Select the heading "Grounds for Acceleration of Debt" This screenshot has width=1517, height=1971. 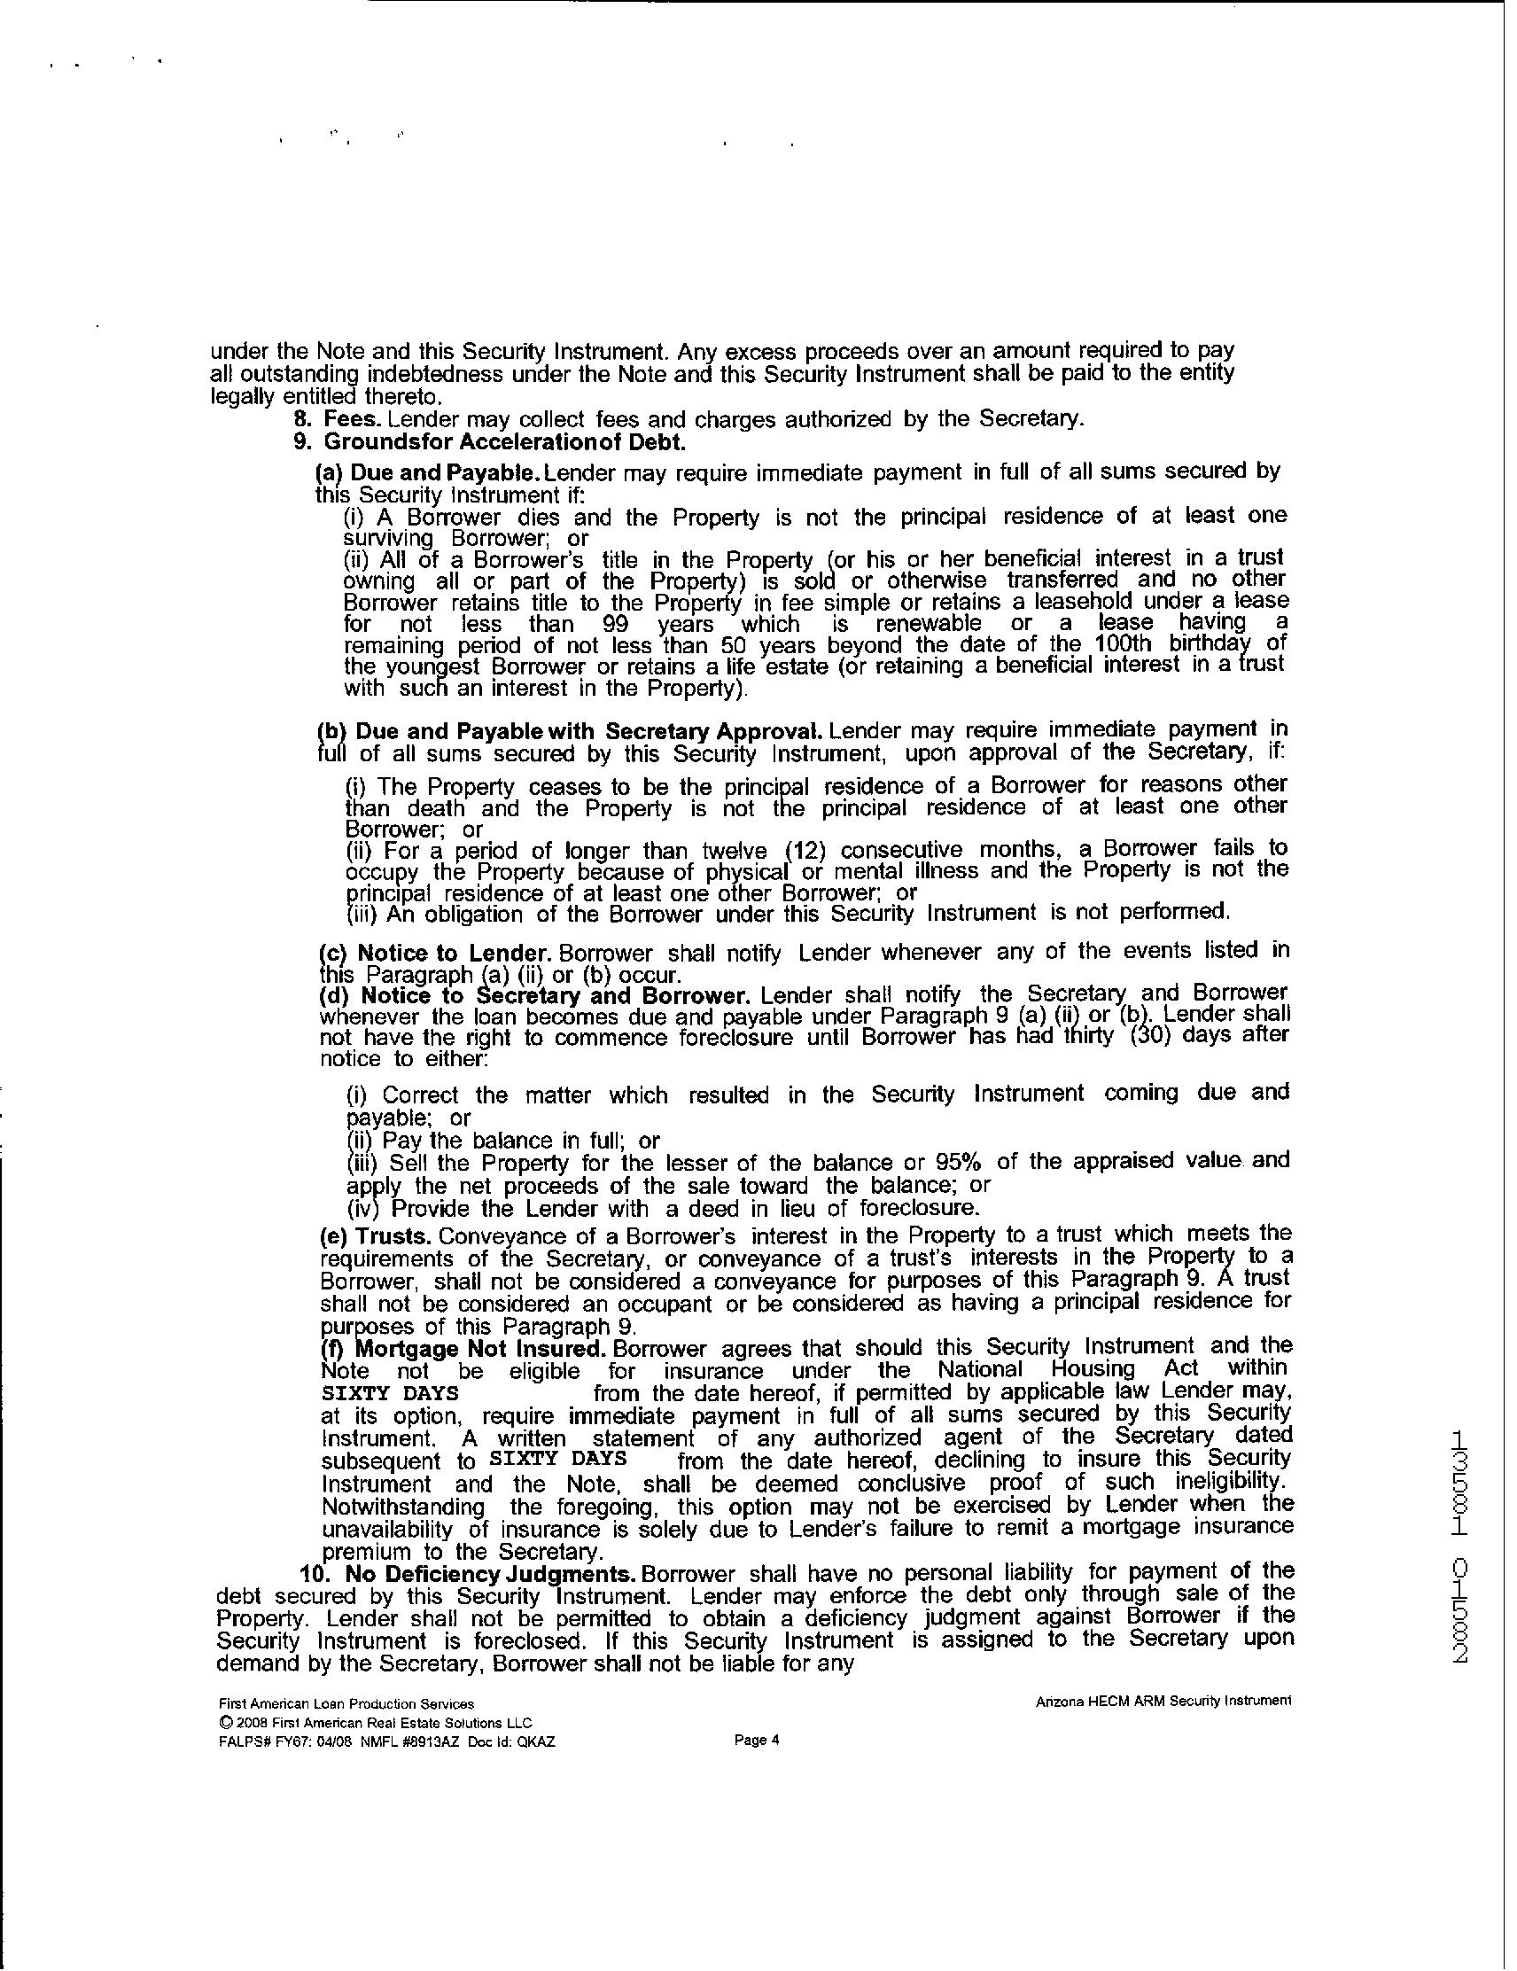pyautogui.click(x=504, y=442)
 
